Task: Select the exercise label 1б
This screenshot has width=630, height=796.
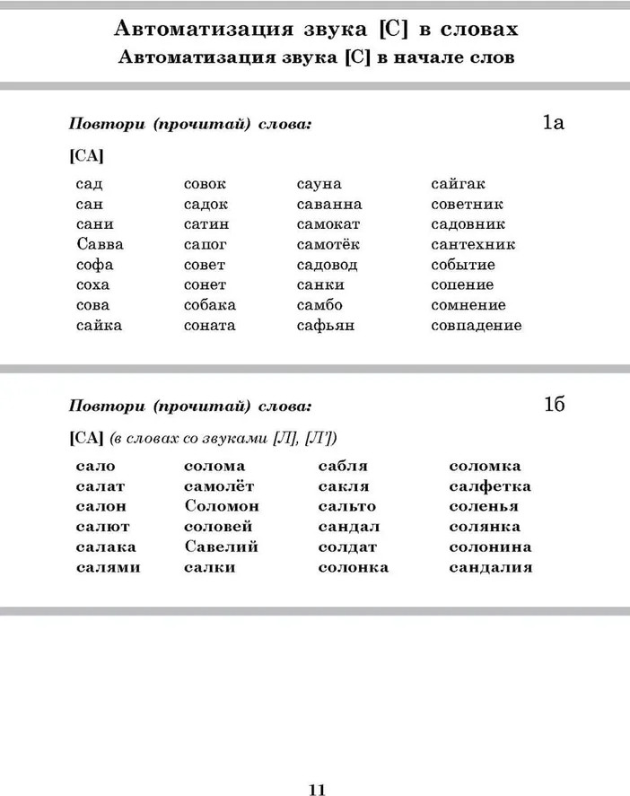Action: pyautogui.click(x=553, y=406)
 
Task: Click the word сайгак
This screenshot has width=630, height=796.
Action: pyautogui.click(x=458, y=184)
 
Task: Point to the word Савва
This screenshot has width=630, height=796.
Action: pyautogui.click(x=100, y=244)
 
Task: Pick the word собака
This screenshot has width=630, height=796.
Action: pyautogui.click(x=210, y=305)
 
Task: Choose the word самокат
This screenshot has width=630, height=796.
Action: pyautogui.click(x=328, y=224)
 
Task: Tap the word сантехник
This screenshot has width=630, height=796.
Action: pyautogui.click(x=473, y=244)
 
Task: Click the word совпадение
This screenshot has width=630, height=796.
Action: pyautogui.click(x=476, y=325)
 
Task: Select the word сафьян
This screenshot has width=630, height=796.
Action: pyautogui.click(x=326, y=325)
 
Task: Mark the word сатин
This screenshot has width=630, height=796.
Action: pyautogui.click(x=206, y=224)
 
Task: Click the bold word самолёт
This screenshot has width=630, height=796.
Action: pyautogui.click(x=219, y=486)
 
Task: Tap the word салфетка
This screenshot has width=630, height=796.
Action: pyautogui.click(x=490, y=486)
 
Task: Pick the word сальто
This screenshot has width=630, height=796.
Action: pyautogui.click(x=346, y=506)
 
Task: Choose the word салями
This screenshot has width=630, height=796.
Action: pyautogui.click(x=108, y=567)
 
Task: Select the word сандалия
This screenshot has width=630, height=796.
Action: pyautogui.click(x=491, y=567)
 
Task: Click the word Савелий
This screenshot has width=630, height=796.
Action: pyautogui.click(x=221, y=547)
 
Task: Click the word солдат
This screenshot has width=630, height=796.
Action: pyautogui.click(x=347, y=547)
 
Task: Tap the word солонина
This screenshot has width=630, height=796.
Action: pyautogui.click(x=490, y=547)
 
